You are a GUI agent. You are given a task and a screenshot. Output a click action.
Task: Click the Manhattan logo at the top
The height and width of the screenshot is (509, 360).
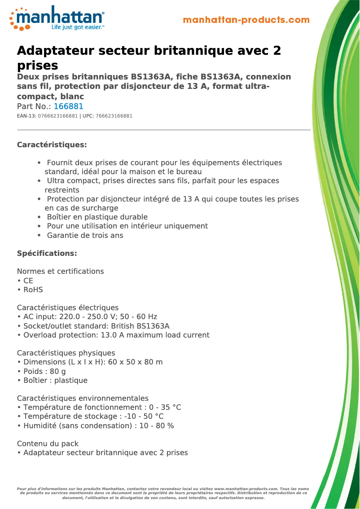tap(57, 18)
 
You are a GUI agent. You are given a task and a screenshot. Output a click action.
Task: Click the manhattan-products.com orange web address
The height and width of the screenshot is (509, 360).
tap(246, 20)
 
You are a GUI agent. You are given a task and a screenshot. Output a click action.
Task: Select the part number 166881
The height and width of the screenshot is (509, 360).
tap(68, 106)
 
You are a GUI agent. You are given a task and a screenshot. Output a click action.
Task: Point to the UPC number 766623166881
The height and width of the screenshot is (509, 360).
tap(114, 116)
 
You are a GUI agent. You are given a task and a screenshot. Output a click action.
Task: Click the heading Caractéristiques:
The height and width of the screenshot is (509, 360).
tap(52, 145)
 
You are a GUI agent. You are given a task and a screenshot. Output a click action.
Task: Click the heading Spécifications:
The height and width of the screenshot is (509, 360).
tap(47, 253)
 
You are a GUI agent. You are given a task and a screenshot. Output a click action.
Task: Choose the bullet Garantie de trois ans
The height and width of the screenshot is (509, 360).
tap(85, 235)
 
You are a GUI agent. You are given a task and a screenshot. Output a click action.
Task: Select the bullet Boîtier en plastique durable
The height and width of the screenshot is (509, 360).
tap(97, 217)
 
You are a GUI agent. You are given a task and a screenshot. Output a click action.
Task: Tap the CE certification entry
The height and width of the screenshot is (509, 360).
tap(28, 281)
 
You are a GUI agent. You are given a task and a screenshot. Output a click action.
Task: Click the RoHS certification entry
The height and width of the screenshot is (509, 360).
tap(33, 290)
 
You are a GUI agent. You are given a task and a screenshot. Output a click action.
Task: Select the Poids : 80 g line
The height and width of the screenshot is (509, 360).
tap(44, 371)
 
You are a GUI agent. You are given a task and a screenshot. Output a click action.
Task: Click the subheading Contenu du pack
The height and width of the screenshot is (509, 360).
tap(48, 443)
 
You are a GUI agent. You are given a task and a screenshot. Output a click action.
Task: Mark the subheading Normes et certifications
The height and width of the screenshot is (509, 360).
tap(60, 271)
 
